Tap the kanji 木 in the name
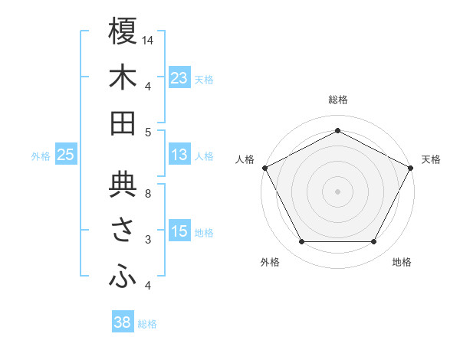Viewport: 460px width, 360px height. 123,79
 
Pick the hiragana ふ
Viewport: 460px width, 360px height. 123,277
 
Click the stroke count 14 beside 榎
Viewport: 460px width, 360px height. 148,39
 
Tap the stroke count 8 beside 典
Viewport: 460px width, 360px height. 148,193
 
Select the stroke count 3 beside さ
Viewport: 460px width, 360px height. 148,240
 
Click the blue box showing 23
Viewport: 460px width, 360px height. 179,78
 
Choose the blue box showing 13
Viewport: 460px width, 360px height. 179,155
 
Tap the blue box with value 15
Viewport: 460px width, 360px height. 179,232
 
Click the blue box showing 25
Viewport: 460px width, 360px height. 66,155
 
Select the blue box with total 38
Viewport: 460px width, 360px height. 123,322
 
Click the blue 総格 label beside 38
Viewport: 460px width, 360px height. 148,324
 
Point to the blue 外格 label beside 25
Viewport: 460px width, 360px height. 41,156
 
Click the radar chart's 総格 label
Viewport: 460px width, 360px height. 337,100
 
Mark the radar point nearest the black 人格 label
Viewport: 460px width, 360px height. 264,167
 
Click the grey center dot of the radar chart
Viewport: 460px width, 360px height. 337,191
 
